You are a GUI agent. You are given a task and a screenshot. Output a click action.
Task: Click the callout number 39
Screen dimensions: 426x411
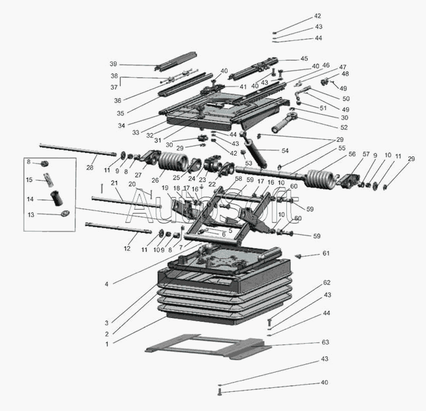[113, 64]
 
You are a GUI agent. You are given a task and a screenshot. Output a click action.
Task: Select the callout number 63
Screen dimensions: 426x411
[325, 342]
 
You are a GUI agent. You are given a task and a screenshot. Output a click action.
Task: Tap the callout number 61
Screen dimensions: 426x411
[325, 254]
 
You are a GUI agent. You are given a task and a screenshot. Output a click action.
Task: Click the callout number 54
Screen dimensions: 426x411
[285, 150]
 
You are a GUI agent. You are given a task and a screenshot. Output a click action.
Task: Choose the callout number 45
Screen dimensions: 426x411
[304, 58]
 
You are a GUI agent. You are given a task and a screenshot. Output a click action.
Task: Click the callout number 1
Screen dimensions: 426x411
[107, 343]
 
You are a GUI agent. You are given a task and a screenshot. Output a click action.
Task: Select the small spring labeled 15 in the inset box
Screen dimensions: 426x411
[47, 179]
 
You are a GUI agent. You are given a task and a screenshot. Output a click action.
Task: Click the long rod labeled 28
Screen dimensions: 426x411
[66, 148]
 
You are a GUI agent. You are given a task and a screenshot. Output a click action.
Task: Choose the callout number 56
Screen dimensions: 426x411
[352, 154]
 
